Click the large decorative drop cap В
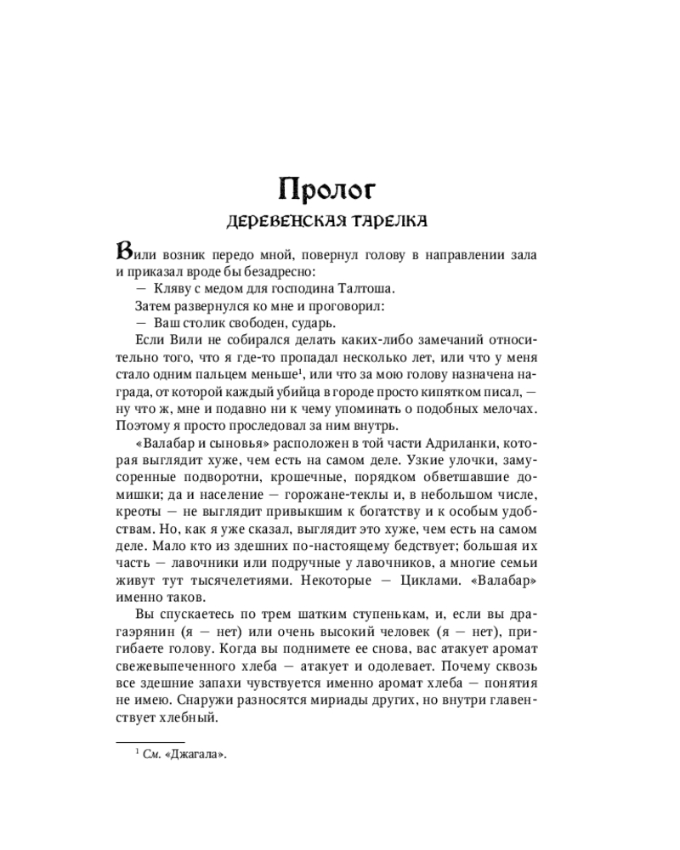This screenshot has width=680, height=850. pos(124,252)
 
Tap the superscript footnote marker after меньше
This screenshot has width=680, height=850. pos(303,370)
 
